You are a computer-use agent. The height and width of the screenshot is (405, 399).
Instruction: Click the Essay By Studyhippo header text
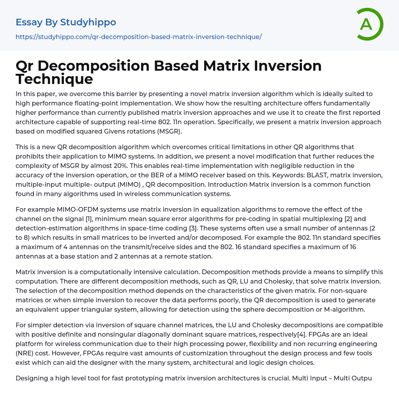[x=66, y=22]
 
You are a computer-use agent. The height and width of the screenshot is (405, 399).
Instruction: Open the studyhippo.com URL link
[x=138, y=37]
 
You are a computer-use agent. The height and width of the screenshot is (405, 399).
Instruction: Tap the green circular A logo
[x=368, y=24]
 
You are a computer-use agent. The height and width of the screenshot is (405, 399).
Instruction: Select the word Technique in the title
[x=54, y=79]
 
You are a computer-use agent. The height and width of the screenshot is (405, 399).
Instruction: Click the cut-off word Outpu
[x=362, y=378]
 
